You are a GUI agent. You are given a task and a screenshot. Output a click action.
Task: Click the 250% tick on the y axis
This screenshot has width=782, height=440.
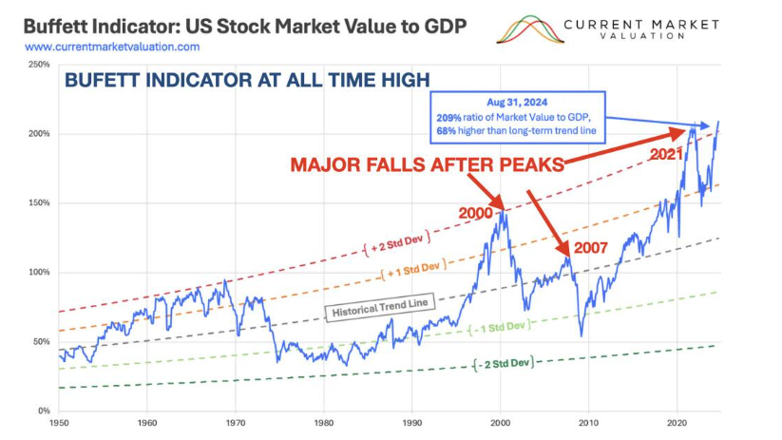pyautogui.click(x=39, y=65)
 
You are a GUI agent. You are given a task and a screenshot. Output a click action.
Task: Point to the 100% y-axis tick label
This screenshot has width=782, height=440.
pyautogui.click(x=39, y=273)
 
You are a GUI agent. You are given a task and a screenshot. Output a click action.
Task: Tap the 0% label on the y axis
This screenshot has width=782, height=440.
pyautogui.click(x=44, y=411)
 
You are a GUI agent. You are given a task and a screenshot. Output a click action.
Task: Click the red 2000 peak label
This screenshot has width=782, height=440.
pyautogui.click(x=475, y=213)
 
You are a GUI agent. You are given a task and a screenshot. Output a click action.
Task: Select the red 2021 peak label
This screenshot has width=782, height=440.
pyautogui.click(x=668, y=152)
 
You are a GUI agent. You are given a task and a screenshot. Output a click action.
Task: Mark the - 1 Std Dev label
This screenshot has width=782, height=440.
pyautogui.click(x=498, y=327)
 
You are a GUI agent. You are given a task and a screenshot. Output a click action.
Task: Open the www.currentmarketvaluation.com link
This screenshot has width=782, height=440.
pyautogui.click(x=112, y=47)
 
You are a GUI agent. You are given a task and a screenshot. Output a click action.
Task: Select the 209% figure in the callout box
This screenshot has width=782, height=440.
pyautogui.click(x=446, y=116)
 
